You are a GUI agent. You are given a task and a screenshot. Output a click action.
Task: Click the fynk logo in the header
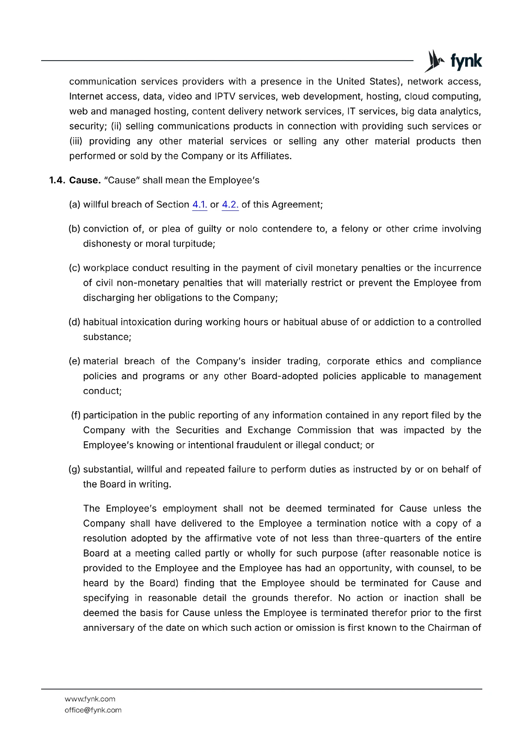coord(453,61)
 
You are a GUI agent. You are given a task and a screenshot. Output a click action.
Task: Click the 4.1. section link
coord(199,204)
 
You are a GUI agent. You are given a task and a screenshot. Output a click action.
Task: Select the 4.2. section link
coord(230,204)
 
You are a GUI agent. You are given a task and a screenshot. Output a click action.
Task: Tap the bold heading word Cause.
coord(85,180)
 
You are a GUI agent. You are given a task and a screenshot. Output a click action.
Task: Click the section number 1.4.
coord(57,180)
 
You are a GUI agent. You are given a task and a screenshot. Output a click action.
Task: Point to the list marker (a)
coord(74,204)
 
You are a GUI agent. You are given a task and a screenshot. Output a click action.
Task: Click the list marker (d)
coord(74,322)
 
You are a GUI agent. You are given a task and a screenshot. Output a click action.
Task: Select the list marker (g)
coord(74,469)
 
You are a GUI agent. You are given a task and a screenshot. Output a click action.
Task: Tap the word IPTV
coord(225,96)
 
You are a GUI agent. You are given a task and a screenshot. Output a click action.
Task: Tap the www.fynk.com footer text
coord(90,699)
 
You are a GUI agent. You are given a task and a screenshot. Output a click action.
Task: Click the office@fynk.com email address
coord(93,710)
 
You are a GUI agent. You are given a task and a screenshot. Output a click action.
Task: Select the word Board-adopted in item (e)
coord(284,376)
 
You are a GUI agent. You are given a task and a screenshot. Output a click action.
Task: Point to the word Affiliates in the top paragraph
coord(270,156)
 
